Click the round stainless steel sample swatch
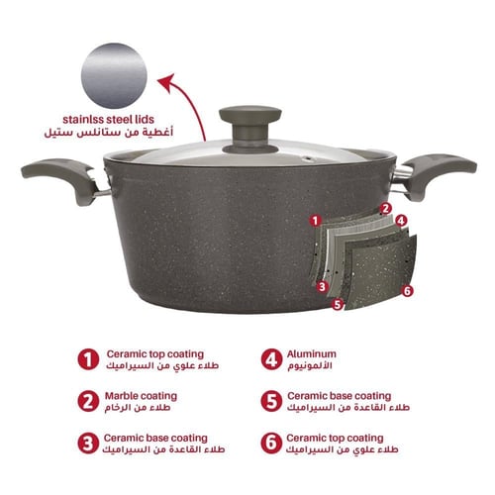114,75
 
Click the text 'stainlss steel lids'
108,119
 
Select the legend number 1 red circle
88,359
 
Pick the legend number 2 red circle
88,402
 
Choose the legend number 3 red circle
88,444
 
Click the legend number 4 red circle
271,359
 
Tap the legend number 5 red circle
271,402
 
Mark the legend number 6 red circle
271,444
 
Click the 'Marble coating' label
141,396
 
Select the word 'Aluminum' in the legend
312,354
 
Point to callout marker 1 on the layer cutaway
316,221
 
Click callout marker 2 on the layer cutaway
385,209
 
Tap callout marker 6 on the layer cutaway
408,291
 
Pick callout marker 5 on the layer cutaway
338,304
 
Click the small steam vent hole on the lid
310,158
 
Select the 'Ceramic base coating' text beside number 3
155,438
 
